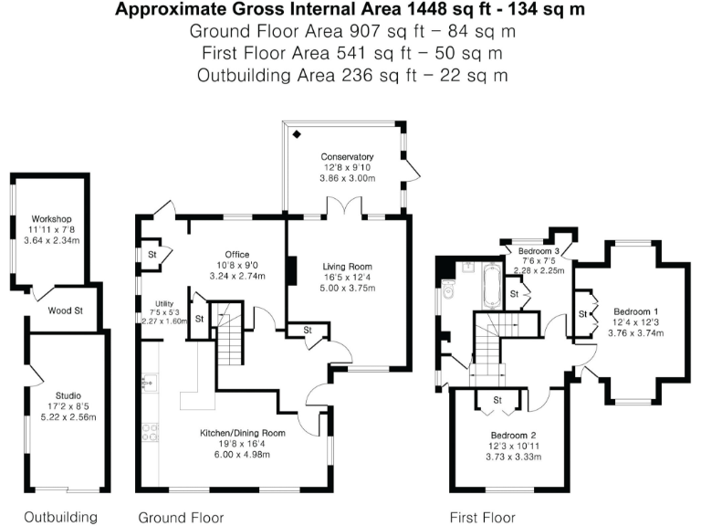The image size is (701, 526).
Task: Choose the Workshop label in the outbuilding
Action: (51, 220)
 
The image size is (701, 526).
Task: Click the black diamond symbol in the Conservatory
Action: (297, 134)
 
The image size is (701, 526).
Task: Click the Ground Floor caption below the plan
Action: (181, 517)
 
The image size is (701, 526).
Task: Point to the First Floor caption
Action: (483, 517)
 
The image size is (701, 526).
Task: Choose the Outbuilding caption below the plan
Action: (60, 517)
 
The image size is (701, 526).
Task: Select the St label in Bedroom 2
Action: (498, 400)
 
